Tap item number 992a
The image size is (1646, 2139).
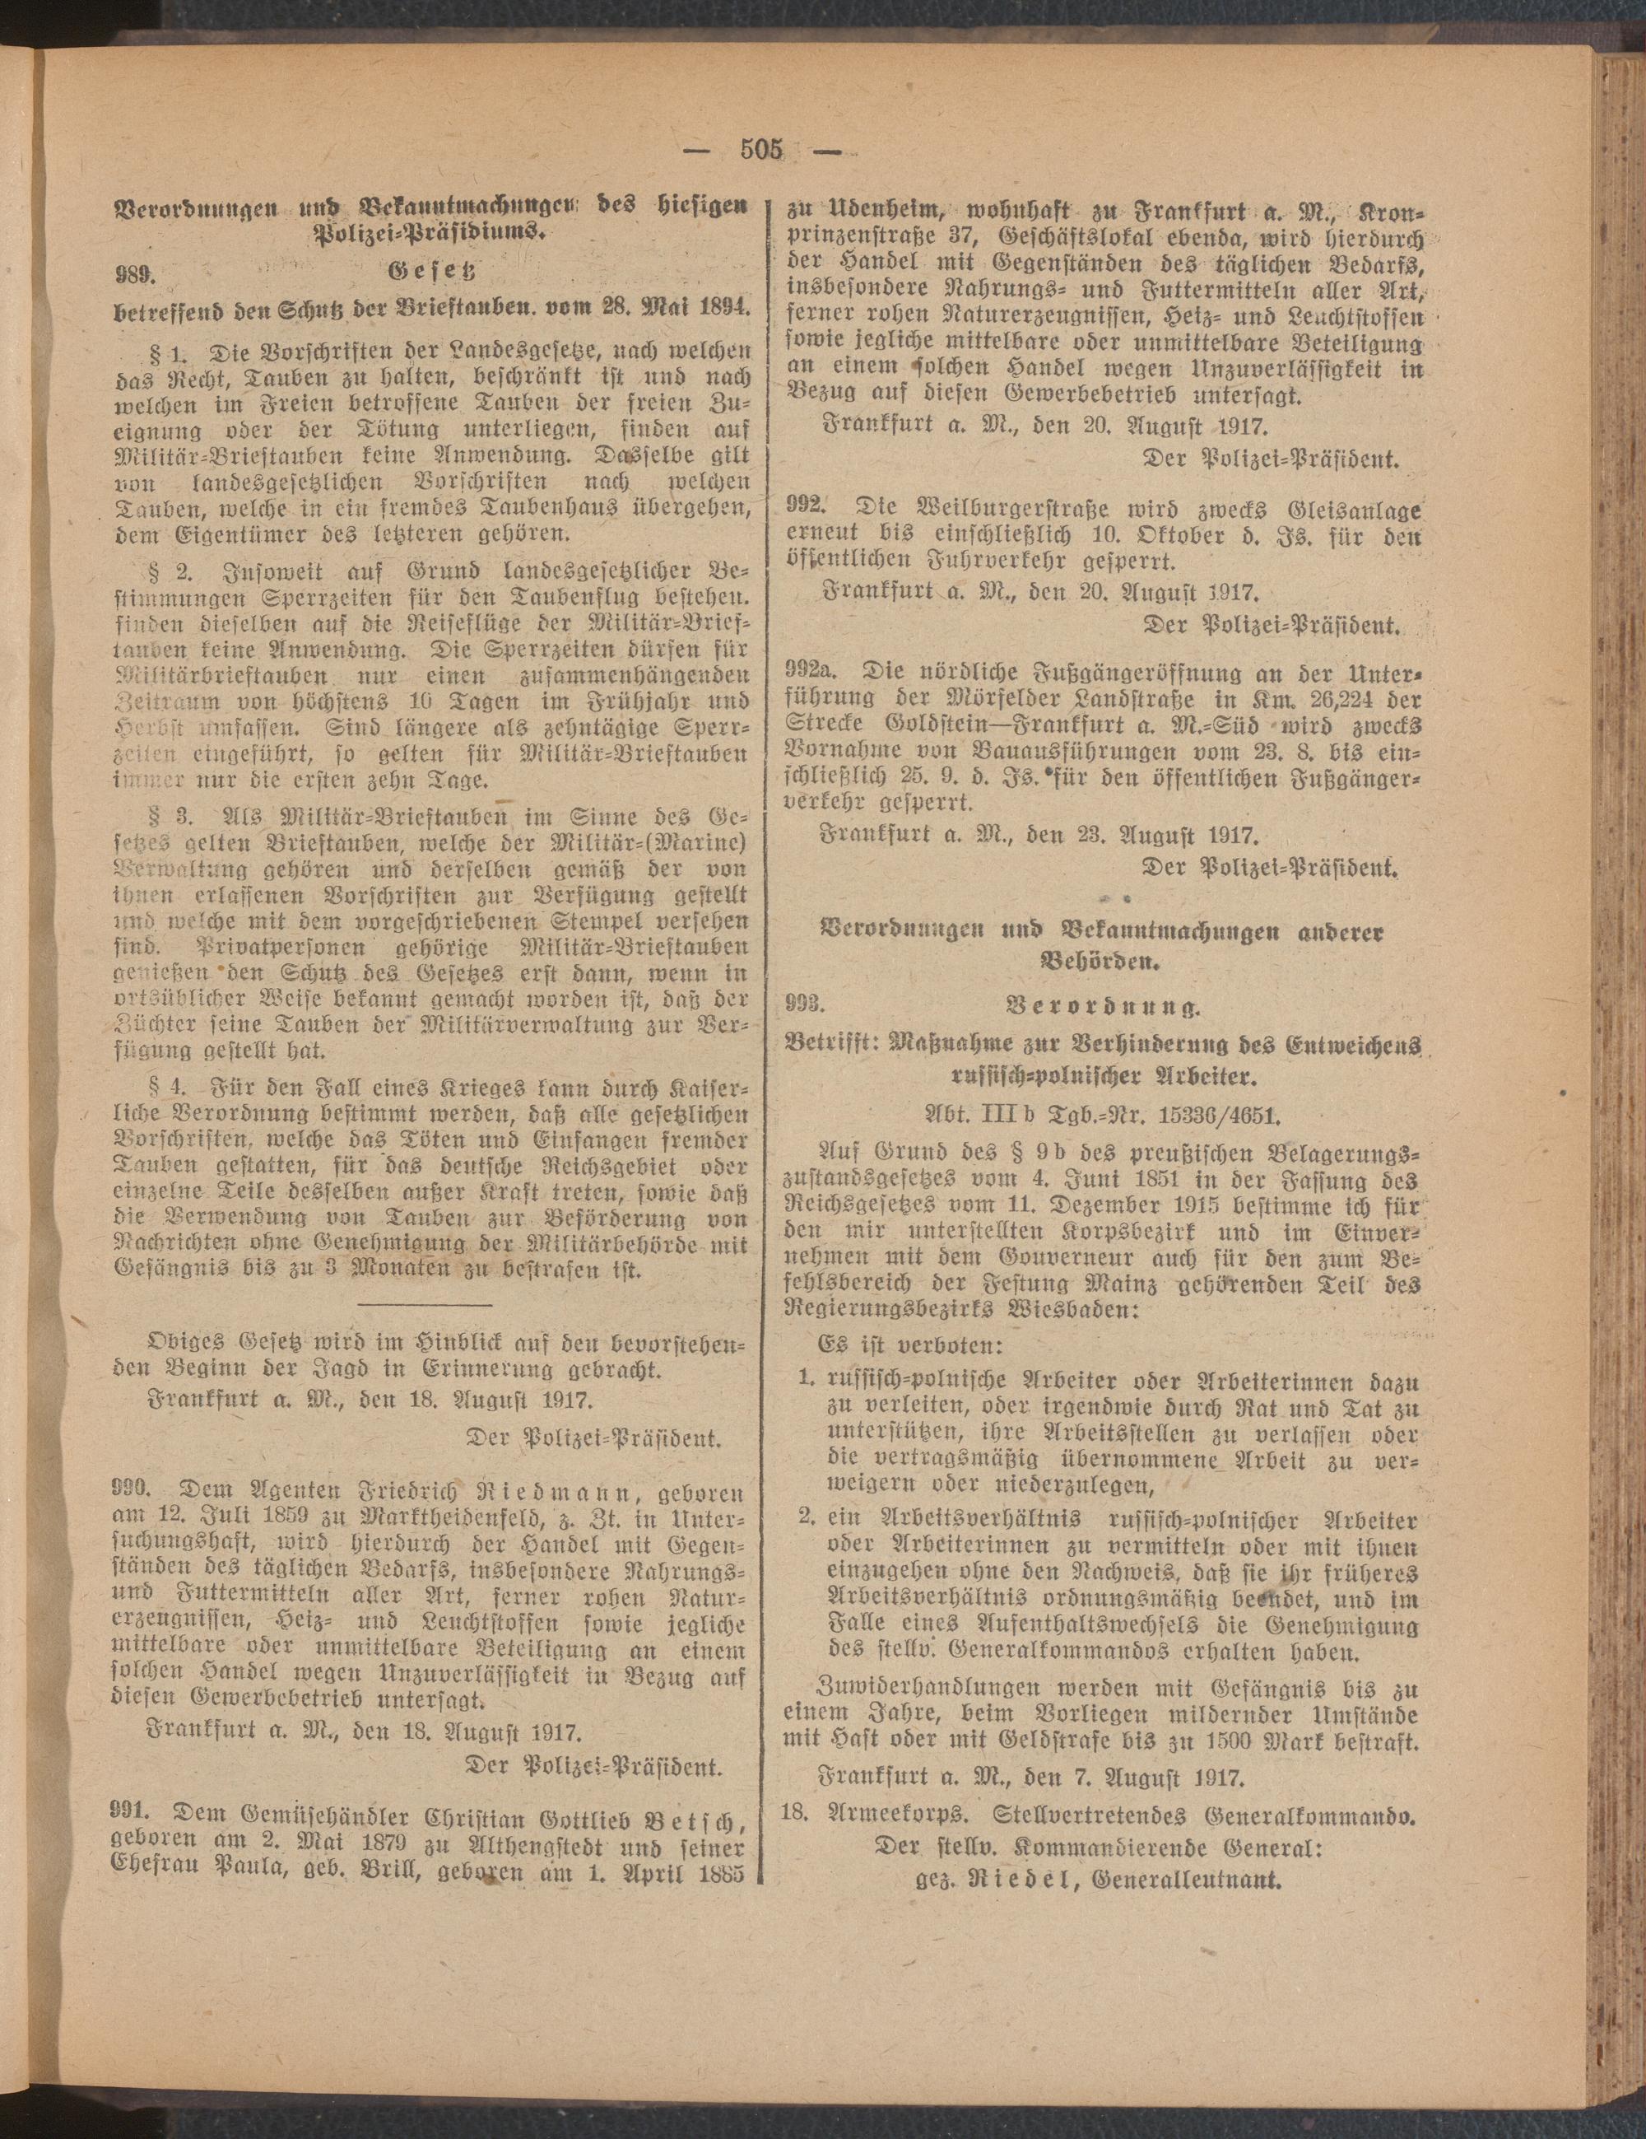(820, 672)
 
